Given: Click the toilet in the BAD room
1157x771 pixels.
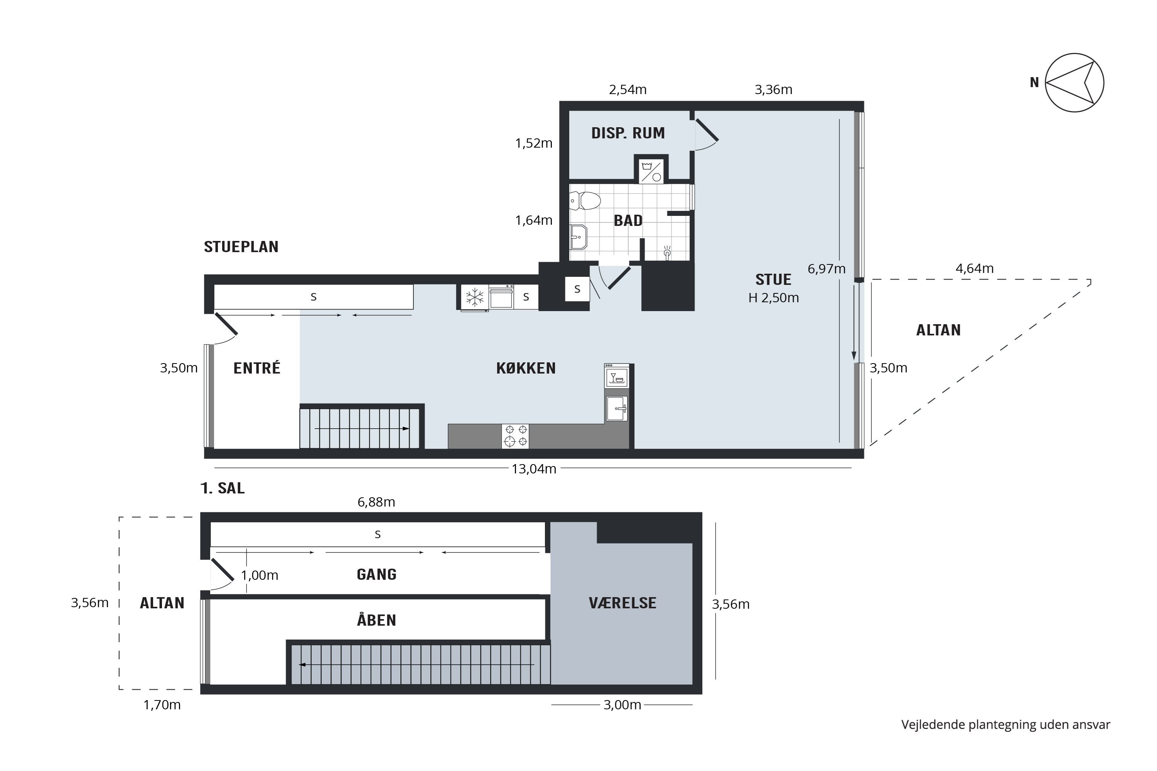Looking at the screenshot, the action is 585,200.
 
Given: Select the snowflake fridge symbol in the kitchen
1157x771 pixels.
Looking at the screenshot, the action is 475,297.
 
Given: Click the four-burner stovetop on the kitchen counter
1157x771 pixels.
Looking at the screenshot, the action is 515,436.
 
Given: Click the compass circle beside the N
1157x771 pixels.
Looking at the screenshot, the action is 1074,82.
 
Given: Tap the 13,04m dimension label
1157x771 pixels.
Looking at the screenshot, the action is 534,469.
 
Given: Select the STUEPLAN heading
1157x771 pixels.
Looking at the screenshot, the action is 241,246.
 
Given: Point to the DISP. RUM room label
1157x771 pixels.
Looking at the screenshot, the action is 628,133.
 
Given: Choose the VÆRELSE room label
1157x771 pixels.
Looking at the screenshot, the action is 622,603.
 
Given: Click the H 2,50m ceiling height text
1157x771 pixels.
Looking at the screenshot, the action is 773,298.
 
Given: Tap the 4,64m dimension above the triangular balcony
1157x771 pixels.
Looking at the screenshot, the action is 975,268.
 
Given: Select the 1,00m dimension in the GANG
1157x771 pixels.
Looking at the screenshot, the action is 260,575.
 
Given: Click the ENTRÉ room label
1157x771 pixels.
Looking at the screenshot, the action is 257,368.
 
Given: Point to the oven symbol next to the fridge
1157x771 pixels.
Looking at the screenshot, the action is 501,297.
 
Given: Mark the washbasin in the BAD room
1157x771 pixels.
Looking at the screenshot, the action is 578,237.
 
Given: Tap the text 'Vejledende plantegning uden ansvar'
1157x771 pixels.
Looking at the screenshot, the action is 1005,725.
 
